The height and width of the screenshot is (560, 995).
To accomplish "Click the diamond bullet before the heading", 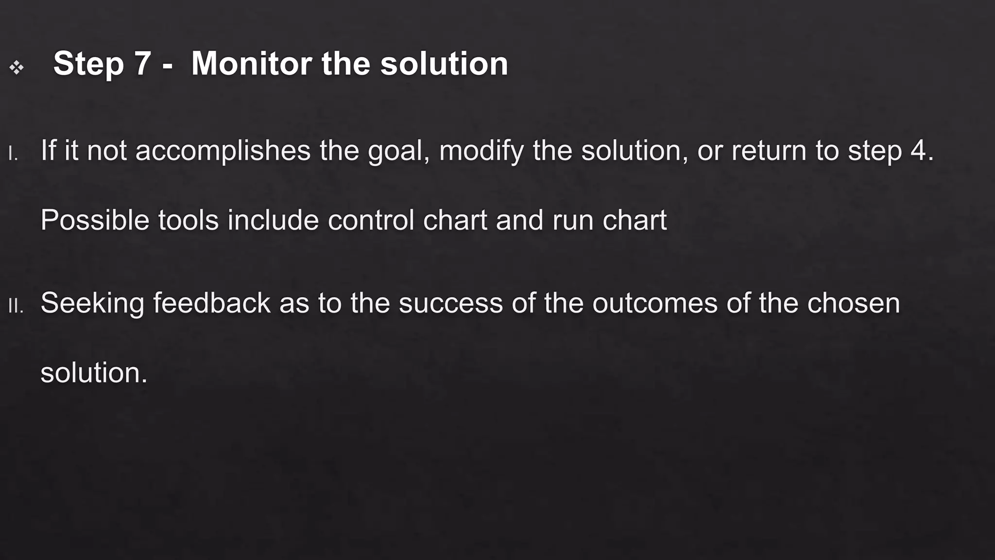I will [x=17, y=68].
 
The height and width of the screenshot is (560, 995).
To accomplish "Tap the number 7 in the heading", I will [x=142, y=64].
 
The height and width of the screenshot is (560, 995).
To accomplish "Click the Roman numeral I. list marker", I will [x=13, y=154].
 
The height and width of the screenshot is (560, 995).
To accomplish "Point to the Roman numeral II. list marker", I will [x=16, y=306].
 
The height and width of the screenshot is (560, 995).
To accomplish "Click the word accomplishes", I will [x=223, y=150].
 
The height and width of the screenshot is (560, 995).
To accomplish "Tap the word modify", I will [x=481, y=150].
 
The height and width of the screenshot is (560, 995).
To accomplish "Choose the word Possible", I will [x=95, y=220].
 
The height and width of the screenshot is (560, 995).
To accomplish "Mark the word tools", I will [x=188, y=220].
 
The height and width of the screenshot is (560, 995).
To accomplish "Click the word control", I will [x=371, y=220].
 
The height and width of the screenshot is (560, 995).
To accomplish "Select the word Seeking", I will [x=92, y=303].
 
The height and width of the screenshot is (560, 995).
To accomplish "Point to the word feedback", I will [x=211, y=303].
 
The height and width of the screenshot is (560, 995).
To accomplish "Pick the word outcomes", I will [x=654, y=303].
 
